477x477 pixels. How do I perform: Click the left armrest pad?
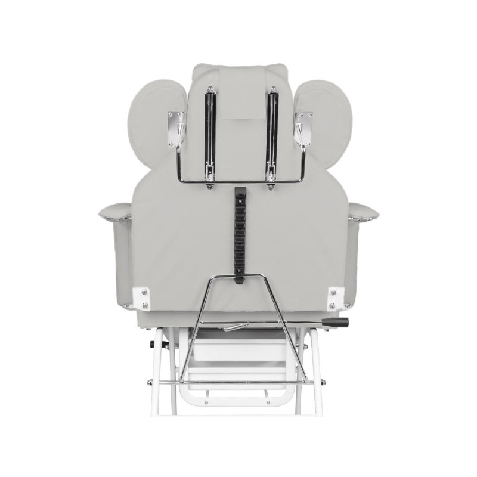[115, 210]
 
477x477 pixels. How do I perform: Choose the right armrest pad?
[363, 210]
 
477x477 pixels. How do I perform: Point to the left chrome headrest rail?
[209, 134]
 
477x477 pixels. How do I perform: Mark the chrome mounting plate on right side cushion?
[303, 128]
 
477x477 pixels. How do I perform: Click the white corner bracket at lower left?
[141, 296]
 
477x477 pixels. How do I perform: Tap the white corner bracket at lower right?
[336, 296]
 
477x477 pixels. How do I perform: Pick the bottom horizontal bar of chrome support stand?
[238, 382]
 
